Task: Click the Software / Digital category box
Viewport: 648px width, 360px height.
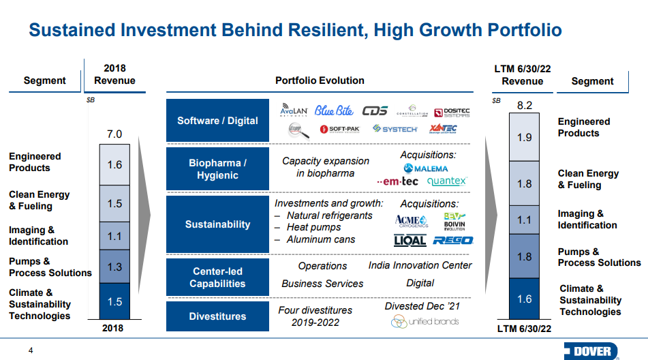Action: [x=217, y=121]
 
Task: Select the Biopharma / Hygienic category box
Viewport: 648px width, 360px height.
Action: [x=217, y=169]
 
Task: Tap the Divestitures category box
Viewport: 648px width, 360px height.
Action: [x=217, y=316]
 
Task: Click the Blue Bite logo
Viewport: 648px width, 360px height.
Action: [x=333, y=111]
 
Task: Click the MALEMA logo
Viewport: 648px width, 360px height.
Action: [x=426, y=168]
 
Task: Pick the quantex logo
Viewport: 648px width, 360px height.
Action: [x=446, y=181]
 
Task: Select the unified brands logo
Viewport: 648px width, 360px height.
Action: [x=425, y=321]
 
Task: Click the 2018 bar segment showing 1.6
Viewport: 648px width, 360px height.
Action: [x=114, y=165]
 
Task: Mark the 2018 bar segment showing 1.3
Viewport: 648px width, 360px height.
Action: [x=114, y=267]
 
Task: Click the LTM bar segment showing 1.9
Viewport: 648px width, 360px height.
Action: [x=524, y=137]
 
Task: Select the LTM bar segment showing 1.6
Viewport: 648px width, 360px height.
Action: [x=524, y=299]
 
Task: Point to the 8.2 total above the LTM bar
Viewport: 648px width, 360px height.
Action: [x=524, y=105]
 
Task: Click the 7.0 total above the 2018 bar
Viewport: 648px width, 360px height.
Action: [x=114, y=134]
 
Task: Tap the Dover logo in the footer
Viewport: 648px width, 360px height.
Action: [x=591, y=351]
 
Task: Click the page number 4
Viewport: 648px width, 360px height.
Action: [x=30, y=350]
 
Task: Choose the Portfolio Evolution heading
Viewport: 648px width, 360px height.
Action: [x=320, y=80]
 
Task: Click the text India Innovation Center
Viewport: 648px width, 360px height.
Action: [x=420, y=265]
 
